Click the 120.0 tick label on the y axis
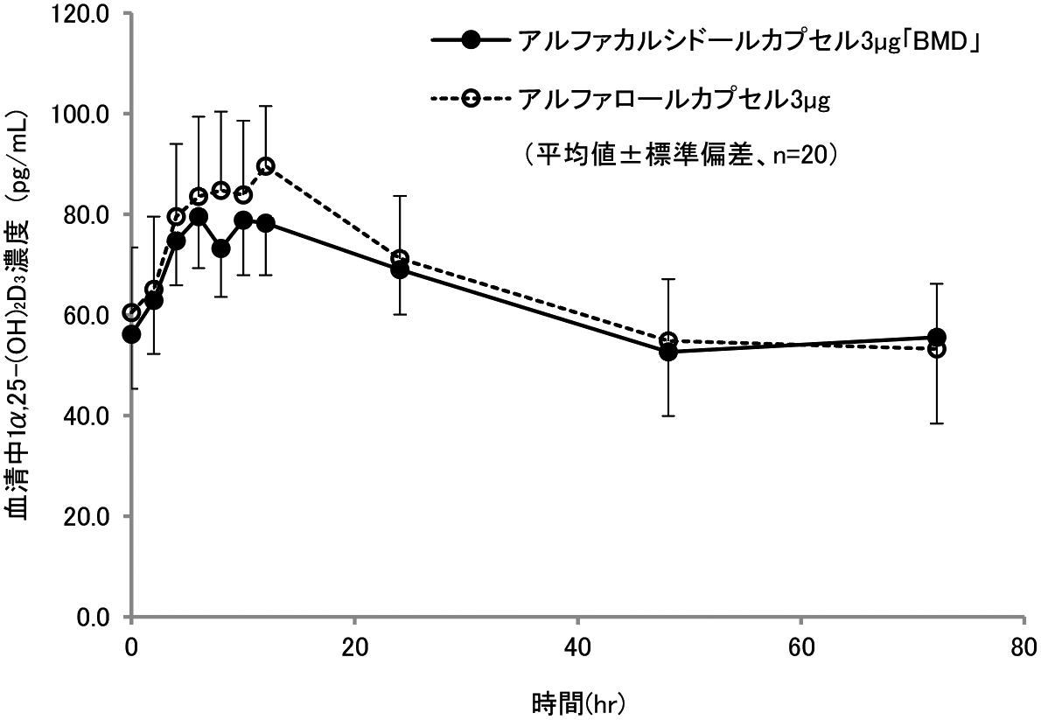(x=82, y=14)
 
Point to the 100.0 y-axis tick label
(x=82, y=115)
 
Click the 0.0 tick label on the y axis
(x=93, y=617)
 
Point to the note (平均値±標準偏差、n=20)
(x=683, y=155)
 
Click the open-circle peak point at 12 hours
(x=266, y=166)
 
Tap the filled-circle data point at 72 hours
(x=936, y=338)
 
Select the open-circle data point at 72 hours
(x=936, y=349)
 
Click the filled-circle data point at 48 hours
(x=668, y=352)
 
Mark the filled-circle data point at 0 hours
(x=132, y=334)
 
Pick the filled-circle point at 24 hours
(x=400, y=269)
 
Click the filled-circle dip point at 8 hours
(x=221, y=248)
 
